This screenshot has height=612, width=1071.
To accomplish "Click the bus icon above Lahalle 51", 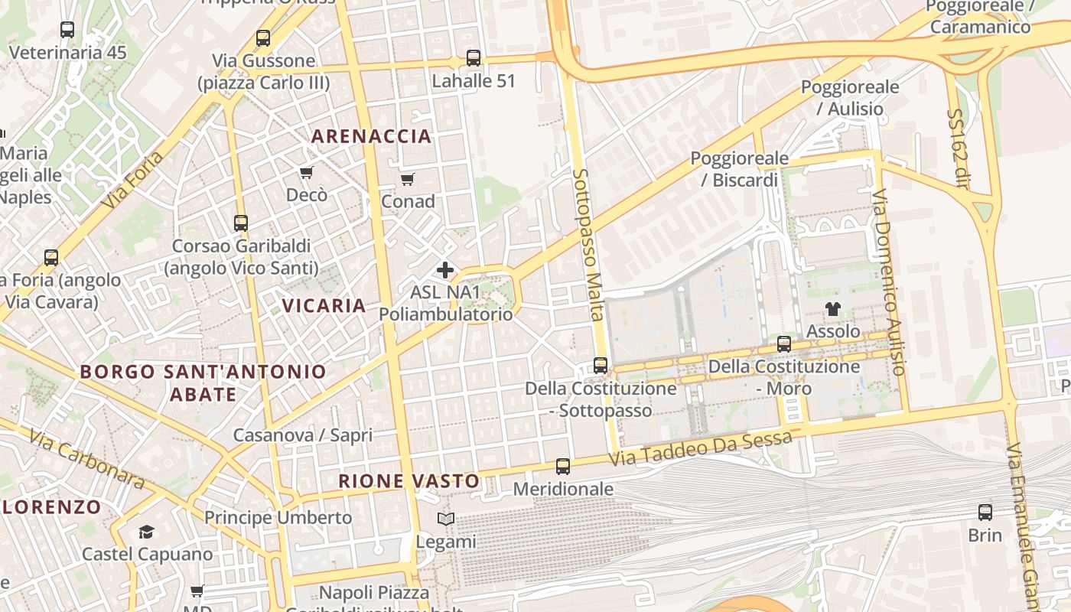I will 474,57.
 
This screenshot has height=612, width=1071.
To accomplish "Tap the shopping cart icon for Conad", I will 408,179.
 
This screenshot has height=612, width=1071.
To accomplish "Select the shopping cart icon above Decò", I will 307,172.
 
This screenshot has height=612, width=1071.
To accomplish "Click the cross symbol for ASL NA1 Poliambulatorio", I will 445,270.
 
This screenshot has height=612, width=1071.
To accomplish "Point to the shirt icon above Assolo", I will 832,309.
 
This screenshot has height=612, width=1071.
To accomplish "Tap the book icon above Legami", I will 446,519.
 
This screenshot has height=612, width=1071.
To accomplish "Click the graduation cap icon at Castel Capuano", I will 146,532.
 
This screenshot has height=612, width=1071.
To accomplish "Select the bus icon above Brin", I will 985,513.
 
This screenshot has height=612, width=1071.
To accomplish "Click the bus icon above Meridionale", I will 563,466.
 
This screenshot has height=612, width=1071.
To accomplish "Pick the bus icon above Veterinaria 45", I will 67,30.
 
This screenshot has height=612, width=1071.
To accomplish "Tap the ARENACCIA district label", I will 371,137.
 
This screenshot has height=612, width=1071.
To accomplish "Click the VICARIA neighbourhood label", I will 324,306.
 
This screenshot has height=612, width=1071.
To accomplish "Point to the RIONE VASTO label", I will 409,481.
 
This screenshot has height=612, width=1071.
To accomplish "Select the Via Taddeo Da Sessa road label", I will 701,449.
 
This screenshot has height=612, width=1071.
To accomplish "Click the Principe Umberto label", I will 278,518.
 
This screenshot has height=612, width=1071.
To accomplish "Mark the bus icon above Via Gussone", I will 263,37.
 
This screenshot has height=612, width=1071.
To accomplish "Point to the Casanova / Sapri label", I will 303,435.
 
